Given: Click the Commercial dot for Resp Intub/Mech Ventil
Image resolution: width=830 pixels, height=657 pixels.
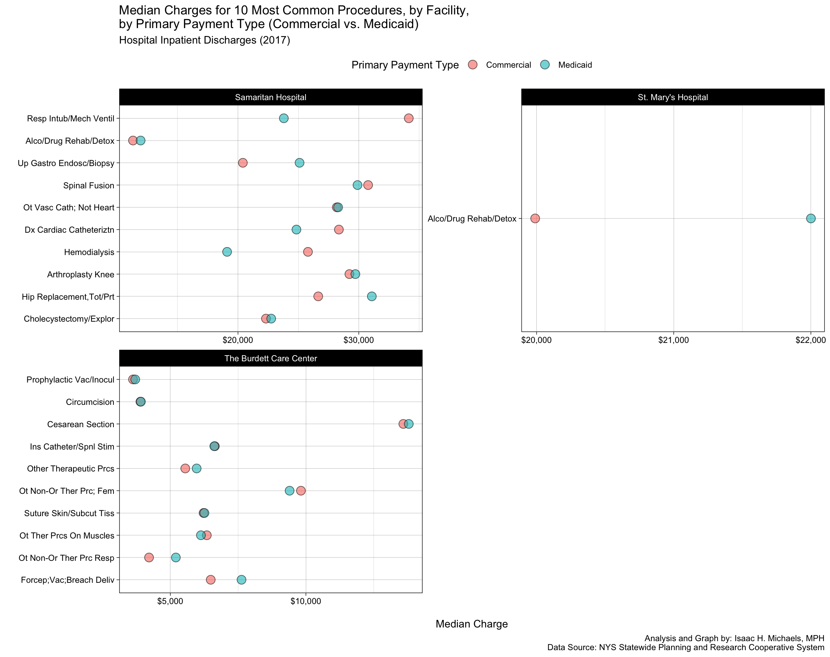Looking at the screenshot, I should [x=409, y=118].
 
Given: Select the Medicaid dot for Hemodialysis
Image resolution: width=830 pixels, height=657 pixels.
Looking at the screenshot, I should [x=227, y=252].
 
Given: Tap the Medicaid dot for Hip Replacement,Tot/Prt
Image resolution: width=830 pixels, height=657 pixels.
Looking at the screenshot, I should [x=371, y=296].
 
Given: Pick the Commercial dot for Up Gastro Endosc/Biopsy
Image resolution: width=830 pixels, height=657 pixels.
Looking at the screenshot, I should [x=243, y=163].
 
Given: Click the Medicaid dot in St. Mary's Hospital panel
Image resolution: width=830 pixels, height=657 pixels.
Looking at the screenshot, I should [x=811, y=219].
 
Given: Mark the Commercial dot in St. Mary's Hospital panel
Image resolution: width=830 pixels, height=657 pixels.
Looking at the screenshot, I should [x=535, y=219].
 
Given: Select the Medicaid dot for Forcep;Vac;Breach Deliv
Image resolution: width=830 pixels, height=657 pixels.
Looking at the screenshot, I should [x=241, y=580].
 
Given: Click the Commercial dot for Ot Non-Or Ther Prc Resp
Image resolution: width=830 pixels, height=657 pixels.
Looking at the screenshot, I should [x=149, y=557].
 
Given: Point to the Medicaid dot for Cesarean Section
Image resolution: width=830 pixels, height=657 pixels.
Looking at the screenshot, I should [x=409, y=424].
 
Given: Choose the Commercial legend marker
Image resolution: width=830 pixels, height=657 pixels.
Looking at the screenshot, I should [x=473, y=64].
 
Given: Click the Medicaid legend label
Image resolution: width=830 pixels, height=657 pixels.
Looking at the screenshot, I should [x=575, y=65].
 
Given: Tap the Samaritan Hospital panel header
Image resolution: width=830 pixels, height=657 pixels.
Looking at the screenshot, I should [x=271, y=97].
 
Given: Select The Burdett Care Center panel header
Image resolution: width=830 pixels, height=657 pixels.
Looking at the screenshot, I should [x=271, y=358].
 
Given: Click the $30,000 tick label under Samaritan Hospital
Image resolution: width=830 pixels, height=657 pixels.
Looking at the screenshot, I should [x=358, y=340].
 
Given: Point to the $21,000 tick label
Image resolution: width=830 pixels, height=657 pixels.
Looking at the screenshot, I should [x=673, y=340].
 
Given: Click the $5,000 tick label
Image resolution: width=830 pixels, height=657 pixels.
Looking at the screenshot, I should [x=170, y=602].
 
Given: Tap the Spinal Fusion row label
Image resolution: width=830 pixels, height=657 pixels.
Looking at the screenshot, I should [x=89, y=186].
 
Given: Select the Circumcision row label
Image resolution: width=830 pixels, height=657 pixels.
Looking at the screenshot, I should [x=90, y=402].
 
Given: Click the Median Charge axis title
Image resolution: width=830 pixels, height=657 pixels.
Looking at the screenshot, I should [x=472, y=624].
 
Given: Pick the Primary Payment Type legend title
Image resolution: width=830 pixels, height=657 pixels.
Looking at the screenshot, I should [x=405, y=65].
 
